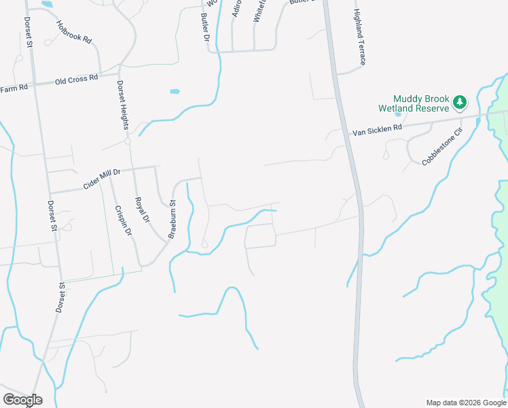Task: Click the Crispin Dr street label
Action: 123,221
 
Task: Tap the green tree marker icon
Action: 460,102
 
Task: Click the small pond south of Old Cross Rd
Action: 175,91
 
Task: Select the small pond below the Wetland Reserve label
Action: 397,114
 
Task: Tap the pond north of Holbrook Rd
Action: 47,4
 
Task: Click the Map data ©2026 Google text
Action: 465,403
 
